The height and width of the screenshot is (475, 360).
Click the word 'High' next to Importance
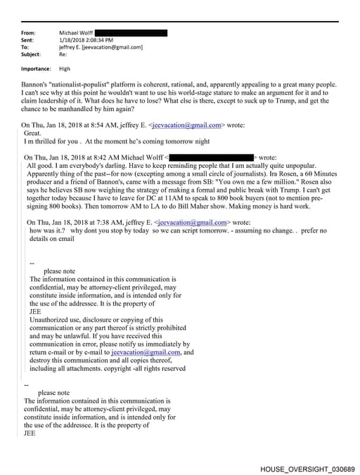(x=65, y=69)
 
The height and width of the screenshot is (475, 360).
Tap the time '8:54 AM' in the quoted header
(x=92, y=125)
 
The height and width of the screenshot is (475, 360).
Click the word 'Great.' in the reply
(x=33, y=132)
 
